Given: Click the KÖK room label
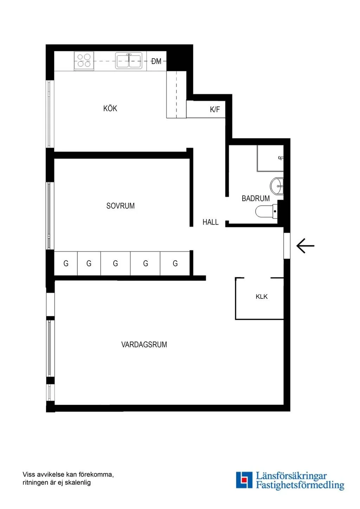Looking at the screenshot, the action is pos(110,108).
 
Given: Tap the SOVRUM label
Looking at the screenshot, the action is pos(121,206).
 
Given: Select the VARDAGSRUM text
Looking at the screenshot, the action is pos(144,344).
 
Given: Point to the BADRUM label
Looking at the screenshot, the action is pos(256,198).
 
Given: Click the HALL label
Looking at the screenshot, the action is pos(211,222).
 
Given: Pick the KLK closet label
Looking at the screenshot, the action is pos(262,297).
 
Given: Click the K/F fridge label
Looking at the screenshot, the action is pos(215,110).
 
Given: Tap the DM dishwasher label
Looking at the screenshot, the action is pos(156,61).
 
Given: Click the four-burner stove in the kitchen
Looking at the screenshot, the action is pos(84,61).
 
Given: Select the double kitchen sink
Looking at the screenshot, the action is pos(129,60).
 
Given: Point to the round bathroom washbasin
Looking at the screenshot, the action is pos(277,186).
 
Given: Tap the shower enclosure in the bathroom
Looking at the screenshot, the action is pos(270,158).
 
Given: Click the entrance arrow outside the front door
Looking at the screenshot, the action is pos(305,246).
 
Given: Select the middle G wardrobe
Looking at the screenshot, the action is pos(115,263).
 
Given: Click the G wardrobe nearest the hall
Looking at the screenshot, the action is pos(175,263).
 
